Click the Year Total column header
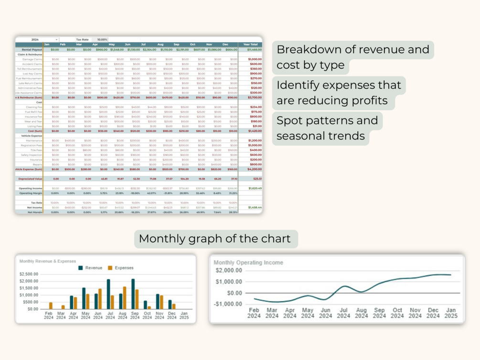251,44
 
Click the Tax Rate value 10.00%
102,40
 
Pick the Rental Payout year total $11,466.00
254,50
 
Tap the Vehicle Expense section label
32,136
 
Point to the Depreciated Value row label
31,179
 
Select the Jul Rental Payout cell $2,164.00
149,50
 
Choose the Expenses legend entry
121,268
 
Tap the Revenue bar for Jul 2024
108,294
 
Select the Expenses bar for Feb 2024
51,306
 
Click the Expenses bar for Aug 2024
125,297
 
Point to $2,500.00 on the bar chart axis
29,274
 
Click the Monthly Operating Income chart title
248,263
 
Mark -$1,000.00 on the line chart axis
228,304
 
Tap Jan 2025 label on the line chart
451,313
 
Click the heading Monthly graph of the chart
215,238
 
